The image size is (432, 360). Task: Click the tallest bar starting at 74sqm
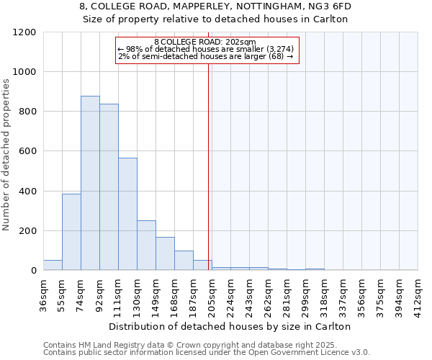coord(90,184)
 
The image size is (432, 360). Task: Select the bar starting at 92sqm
coord(109,187)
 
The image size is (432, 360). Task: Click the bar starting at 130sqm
coord(146,246)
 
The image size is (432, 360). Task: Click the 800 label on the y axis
coord(27,112)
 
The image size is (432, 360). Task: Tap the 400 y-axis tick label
coord(27,192)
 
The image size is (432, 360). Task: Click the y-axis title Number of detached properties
coord(7,151)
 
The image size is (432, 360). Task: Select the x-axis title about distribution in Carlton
coord(230,326)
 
